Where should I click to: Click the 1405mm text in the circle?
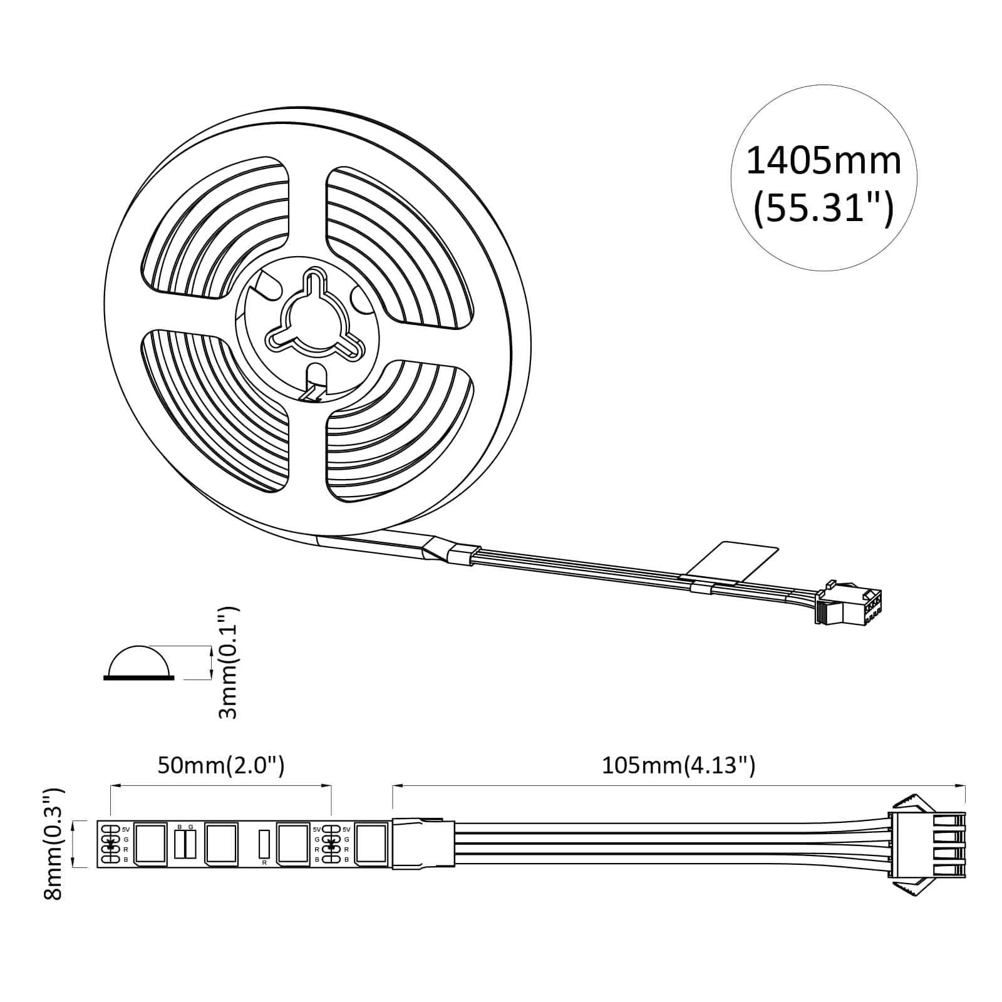coord(824,161)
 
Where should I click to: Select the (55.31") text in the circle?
coord(824,209)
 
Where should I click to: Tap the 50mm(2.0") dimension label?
coord(220,765)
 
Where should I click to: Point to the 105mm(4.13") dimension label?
coord(678,765)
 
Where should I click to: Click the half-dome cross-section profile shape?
coord(139,663)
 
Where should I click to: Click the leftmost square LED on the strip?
coord(150,844)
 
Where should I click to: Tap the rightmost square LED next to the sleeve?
coord(371,844)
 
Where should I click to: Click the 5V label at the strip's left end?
coord(126,829)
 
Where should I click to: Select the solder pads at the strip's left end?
coord(110,844)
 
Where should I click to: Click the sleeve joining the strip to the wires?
coord(423,843)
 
